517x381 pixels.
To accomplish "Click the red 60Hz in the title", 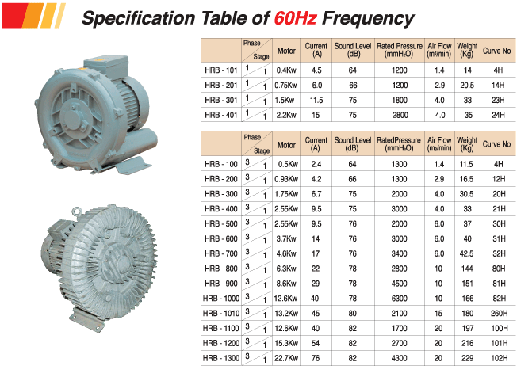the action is point(295,18).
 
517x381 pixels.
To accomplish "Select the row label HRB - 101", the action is point(221,70).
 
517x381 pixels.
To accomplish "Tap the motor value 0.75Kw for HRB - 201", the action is point(285,86).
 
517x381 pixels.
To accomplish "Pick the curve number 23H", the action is point(498,100).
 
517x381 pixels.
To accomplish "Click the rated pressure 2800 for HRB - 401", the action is point(400,115).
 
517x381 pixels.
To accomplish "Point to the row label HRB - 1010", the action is point(221,313).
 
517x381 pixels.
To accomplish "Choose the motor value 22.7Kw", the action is point(286,358).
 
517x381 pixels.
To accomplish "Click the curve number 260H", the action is point(499,313).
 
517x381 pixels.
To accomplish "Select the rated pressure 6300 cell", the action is point(400,299).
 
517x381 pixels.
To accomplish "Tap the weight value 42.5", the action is point(466,253).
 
